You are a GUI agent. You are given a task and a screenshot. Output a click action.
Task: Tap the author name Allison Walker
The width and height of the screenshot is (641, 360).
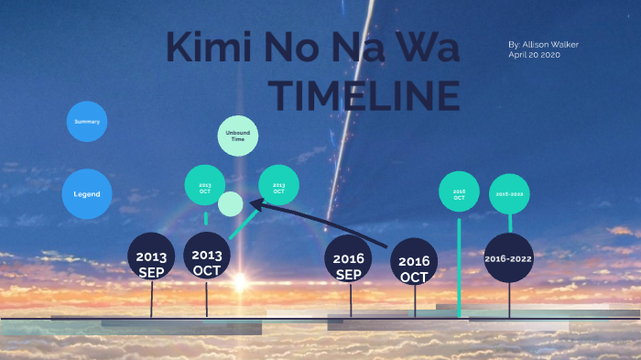[x=543, y=44]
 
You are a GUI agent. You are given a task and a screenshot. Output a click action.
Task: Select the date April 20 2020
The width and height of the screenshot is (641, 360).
[x=534, y=55]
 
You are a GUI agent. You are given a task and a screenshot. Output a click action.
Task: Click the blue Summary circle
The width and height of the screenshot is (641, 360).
[x=87, y=121]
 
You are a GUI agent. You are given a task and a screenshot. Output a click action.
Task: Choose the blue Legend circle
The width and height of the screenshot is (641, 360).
[x=87, y=194]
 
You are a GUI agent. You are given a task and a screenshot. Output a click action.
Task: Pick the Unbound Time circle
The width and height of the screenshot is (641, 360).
[x=238, y=136]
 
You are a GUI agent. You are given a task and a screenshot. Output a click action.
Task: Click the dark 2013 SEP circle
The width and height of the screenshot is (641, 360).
[x=151, y=260]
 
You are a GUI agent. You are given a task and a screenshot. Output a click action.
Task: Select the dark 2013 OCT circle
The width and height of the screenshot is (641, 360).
[x=207, y=256]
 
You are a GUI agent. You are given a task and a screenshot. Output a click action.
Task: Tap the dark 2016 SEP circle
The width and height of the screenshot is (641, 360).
[x=348, y=257]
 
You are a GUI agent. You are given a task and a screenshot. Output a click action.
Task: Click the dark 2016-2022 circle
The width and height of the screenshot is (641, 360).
[x=509, y=258]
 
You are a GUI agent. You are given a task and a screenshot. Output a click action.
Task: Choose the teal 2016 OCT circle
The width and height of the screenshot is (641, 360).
[x=459, y=193]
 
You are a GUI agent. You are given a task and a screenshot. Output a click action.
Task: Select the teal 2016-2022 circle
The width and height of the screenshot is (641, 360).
[x=509, y=193]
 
